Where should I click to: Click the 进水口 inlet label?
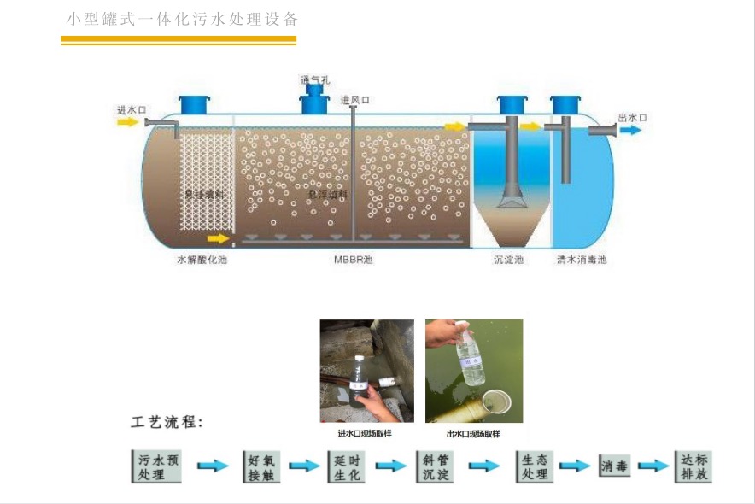(x=132, y=110)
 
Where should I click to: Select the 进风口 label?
(x=354, y=100)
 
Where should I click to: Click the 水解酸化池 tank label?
(x=202, y=260)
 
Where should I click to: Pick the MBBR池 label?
(x=353, y=260)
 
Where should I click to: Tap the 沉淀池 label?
(x=508, y=260)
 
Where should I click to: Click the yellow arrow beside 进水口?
(x=127, y=122)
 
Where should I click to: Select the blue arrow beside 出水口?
(x=632, y=130)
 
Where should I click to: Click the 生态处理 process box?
(x=535, y=466)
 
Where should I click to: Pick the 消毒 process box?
(x=614, y=466)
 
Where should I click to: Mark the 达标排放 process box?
(x=691, y=466)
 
